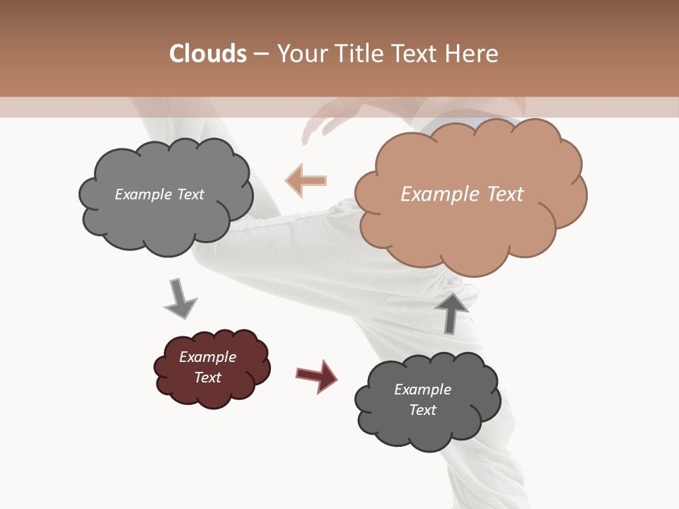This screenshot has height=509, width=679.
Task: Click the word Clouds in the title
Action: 208,54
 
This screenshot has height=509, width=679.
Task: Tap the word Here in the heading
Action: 472,54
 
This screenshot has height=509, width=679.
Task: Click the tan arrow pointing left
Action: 306,180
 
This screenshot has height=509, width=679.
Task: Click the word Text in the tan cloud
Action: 504,194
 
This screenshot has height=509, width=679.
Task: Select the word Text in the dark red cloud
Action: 208,378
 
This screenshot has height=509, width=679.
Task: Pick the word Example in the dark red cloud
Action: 208,357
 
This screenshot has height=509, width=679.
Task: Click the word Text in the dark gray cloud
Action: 423,410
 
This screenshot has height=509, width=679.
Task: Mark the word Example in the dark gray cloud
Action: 423,390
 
